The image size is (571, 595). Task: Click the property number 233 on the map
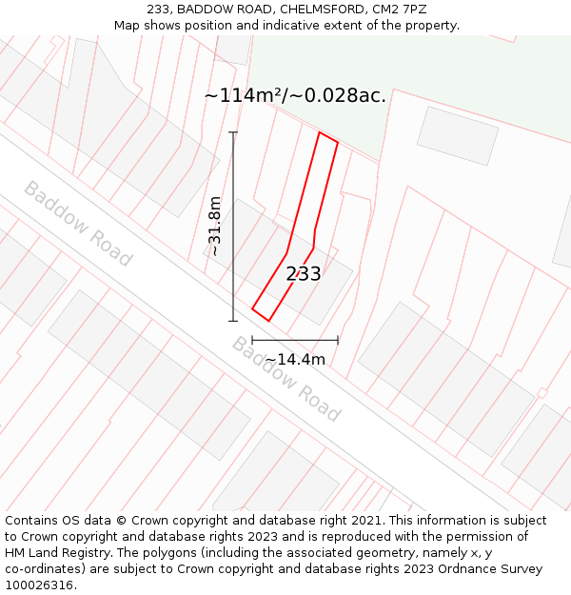coord(304,274)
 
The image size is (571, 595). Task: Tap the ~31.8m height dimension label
coord(215,227)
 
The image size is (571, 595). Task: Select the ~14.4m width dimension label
coord(295,359)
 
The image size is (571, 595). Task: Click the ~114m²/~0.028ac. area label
coord(295,95)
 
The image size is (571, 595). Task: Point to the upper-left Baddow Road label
coord(77,224)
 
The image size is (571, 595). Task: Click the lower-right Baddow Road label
coord(286,379)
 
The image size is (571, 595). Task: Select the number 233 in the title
coord(159,10)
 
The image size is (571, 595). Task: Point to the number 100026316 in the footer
coord(40,585)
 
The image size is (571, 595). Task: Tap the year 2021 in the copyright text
coord(366,521)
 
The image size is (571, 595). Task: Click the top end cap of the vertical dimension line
coord(233,132)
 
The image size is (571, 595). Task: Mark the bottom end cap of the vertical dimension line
coord(233,321)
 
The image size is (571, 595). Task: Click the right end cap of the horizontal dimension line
coord(338,340)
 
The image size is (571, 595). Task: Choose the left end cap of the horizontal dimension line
coord(252,340)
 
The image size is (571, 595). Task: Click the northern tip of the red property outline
coord(321,132)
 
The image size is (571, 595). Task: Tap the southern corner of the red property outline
coord(268,321)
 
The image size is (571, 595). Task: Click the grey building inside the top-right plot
coord(458,135)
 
